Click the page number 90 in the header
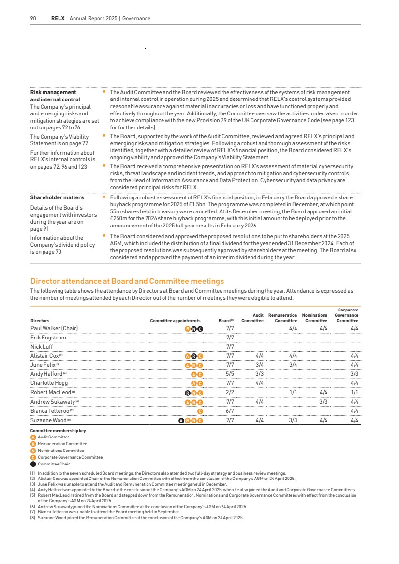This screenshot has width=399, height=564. (x=33, y=18)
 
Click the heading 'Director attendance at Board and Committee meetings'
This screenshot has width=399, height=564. (x=127, y=281)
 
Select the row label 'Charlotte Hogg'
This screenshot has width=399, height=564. (x=49, y=383)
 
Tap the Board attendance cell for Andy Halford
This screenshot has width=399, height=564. (x=230, y=374)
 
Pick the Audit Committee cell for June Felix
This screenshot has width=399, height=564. (x=259, y=365)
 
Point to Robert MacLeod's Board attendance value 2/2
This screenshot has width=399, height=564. (x=230, y=393)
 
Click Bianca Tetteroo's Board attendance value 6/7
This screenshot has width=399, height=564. (x=230, y=411)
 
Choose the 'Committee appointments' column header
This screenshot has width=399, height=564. (x=175, y=321)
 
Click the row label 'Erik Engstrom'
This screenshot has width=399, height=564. (x=48, y=338)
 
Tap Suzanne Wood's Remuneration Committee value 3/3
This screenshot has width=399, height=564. (x=293, y=420)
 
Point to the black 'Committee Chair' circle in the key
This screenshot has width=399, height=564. (x=33, y=464)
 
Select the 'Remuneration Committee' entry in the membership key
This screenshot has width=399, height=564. (x=62, y=444)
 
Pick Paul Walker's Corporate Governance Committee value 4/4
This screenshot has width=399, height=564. (x=354, y=328)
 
